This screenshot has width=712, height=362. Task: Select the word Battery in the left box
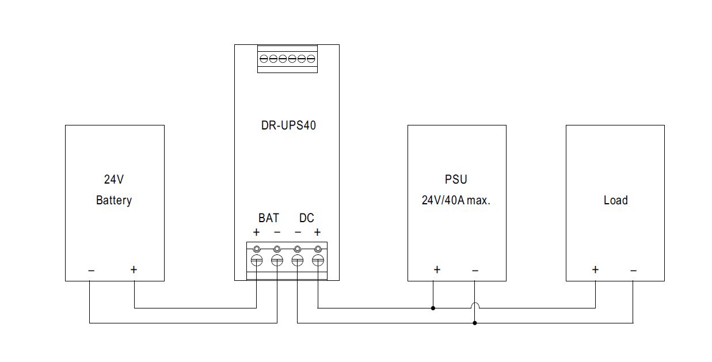(114, 200)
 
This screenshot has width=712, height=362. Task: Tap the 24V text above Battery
(114, 180)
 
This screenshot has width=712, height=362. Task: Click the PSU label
(456, 180)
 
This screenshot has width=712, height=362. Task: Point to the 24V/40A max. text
(456, 201)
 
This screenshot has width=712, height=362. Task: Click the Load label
(615, 200)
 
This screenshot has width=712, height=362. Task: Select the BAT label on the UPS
(268, 218)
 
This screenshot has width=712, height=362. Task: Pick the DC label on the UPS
(307, 218)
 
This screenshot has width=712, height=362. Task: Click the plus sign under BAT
(257, 233)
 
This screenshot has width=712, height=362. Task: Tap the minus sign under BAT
(277, 233)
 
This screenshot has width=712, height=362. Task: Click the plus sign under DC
(317, 233)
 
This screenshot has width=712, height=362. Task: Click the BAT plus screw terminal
(257, 261)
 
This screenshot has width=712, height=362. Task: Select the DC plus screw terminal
(318, 261)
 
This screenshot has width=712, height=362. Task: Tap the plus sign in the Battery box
(134, 269)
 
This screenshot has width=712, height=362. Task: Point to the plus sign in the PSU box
(437, 269)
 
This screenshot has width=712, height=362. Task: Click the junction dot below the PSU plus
(433, 308)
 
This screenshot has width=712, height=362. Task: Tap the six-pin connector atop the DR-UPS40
(287, 59)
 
